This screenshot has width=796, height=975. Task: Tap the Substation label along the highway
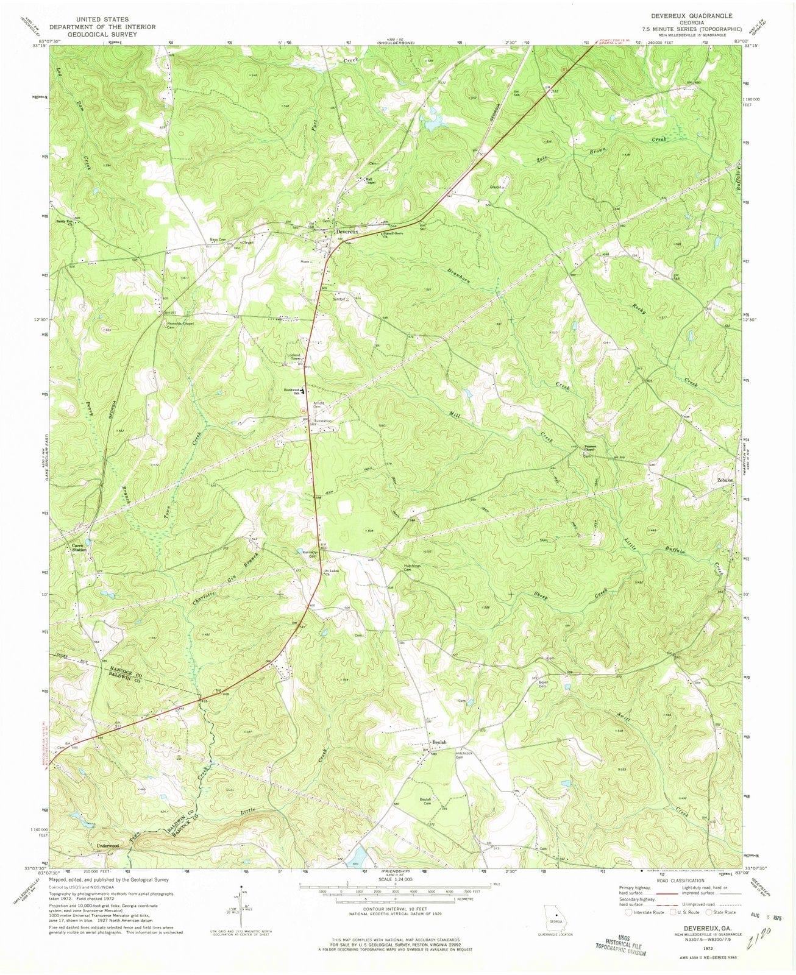pos(322,421)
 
